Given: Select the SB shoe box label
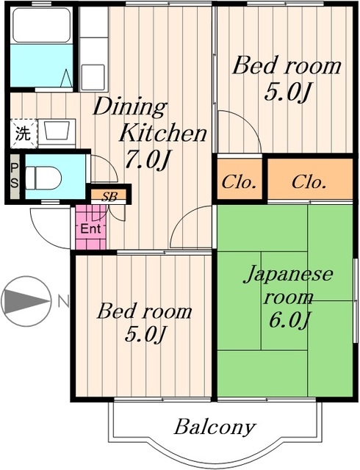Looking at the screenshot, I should point(109,196).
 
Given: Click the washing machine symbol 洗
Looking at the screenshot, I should point(23,134).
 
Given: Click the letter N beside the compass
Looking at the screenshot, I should point(63,301).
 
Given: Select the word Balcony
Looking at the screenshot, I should point(215,427).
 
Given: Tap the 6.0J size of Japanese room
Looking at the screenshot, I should point(288,321).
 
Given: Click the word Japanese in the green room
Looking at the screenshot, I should point(288,276).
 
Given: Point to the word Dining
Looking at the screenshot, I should point(130,107).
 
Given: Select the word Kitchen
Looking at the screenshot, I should point(162,133).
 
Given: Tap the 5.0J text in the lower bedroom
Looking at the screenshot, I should point(145,336).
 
